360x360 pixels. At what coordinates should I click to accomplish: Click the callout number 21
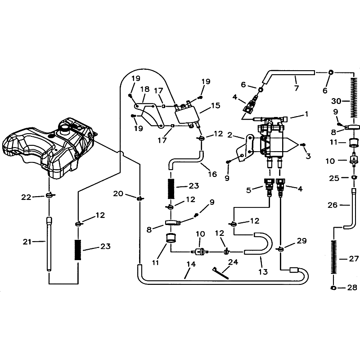click(x=27, y=242)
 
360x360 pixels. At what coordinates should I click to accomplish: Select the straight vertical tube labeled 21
click(x=49, y=244)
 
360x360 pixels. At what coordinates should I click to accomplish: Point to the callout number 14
click(x=191, y=264)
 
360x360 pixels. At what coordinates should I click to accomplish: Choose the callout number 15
click(x=216, y=106)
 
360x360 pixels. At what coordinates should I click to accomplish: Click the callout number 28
click(x=352, y=288)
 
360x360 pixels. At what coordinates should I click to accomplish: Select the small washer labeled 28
click(x=333, y=288)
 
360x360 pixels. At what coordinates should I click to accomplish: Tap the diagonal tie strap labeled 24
click(x=221, y=273)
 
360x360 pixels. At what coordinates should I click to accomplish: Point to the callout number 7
click(x=296, y=88)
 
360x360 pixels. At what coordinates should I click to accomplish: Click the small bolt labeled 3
click(x=302, y=144)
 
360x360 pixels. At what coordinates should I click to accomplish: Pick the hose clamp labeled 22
click(x=49, y=195)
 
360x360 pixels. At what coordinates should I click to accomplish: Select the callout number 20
click(x=118, y=194)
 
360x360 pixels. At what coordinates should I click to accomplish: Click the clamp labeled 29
click(x=280, y=249)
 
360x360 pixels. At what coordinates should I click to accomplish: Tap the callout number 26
click(x=332, y=205)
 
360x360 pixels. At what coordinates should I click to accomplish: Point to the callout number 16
click(x=212, y=174)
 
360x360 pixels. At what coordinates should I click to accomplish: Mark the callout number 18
click(x=145, y=89)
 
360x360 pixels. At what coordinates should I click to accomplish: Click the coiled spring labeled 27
click(x=334, y=256)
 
